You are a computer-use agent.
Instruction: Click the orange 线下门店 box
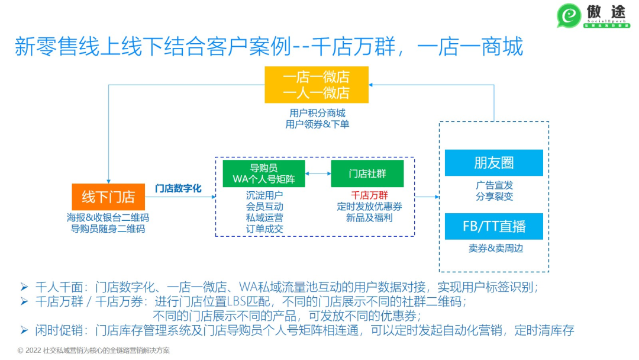[108, 197]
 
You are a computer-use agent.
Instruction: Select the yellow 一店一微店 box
[317, 85]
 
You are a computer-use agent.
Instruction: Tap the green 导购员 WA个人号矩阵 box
[263, 173]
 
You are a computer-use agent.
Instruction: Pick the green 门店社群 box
[367, 173]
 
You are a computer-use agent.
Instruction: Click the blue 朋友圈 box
[493, 162]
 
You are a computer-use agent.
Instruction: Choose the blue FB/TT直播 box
[493, 226]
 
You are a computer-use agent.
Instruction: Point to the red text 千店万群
[369, 195]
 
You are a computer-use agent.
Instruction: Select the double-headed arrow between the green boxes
[318, 173]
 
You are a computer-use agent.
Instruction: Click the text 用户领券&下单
[317, 124]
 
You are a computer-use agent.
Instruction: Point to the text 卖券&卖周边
[493, 248]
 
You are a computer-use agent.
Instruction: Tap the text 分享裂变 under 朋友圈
[493, 196]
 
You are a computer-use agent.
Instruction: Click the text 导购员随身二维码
[108, 229]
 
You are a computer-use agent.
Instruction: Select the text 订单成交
[264, 229]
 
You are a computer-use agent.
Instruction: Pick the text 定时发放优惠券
[369, 206]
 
